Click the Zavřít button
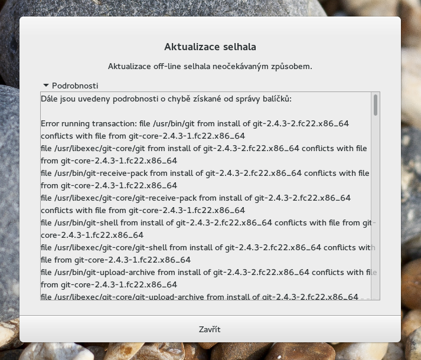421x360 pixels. pos(210,329)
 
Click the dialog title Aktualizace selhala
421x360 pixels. pos(210,47)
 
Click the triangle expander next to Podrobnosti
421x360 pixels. pos(45,86)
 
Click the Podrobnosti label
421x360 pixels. pos(75,86)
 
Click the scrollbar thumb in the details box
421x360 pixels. pos(376,104)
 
